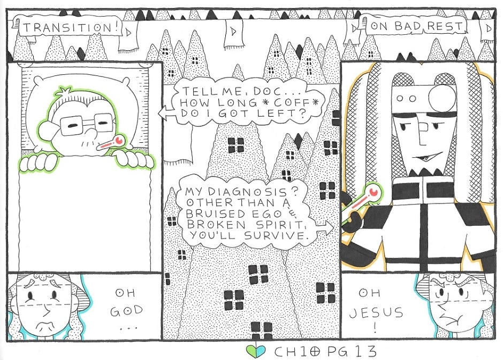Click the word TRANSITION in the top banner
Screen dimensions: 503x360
click(67, 28)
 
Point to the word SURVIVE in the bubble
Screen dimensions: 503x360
click(278, 235)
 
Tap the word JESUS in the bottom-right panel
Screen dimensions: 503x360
click(376, 312)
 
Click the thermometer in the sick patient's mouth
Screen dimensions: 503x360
click(110, 143)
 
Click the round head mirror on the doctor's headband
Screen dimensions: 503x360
click(442, 96)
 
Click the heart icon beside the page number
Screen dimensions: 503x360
click(256, 351)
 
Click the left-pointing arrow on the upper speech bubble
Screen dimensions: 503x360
click(166, 113)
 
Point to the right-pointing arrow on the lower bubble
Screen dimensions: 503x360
click(324, 227)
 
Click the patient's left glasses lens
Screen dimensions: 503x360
click(73, 126)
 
